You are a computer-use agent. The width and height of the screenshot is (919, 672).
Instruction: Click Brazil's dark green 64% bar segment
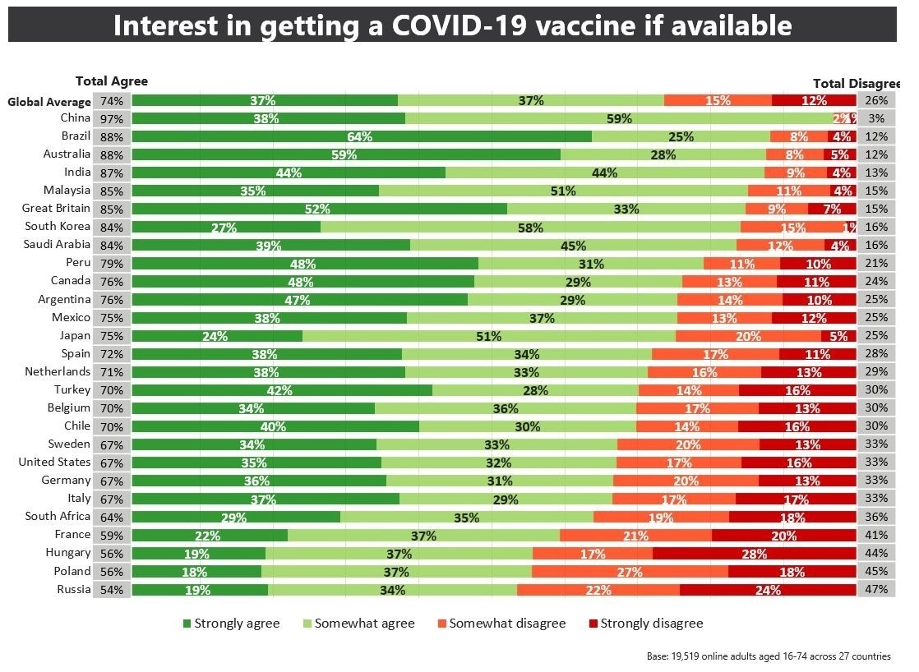tap(362, 136)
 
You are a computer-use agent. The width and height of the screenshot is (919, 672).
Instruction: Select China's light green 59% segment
tap(619, 118)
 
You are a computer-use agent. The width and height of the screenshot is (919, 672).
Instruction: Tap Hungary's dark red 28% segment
tap(754, 554)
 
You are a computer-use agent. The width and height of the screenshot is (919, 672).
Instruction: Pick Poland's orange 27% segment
tap(630, 572)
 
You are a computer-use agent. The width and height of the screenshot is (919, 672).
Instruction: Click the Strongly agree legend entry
tap(231, 624)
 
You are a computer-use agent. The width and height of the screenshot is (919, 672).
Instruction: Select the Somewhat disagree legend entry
tap(501, 624)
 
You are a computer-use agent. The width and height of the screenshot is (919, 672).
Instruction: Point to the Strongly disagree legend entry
tap(645, 624)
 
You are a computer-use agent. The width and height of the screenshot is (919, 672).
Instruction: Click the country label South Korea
tap(58, 227)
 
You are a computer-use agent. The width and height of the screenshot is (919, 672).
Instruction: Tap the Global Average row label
tap(49, 102)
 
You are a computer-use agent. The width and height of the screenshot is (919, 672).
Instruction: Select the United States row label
tap(54, 463)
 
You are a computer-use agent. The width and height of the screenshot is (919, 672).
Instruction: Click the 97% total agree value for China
tap(112, 119)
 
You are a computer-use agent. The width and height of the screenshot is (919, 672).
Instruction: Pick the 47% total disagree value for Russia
tap(876, 590)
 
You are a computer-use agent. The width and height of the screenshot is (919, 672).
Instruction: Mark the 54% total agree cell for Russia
tap(112, 590)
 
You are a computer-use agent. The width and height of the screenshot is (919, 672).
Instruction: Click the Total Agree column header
tap(112, 81)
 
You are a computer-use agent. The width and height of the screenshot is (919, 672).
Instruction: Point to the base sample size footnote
tap(769, 656)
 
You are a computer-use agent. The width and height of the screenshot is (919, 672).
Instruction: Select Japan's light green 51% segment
tap(488, 336)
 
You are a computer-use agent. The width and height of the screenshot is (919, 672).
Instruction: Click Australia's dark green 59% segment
tap(345, 154)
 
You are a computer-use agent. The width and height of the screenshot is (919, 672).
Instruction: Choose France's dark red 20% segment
tap(783, 536)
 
